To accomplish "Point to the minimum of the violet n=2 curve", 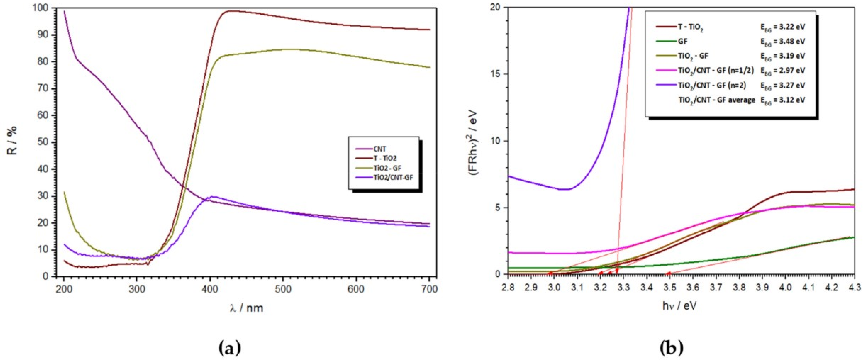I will [564, 189].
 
